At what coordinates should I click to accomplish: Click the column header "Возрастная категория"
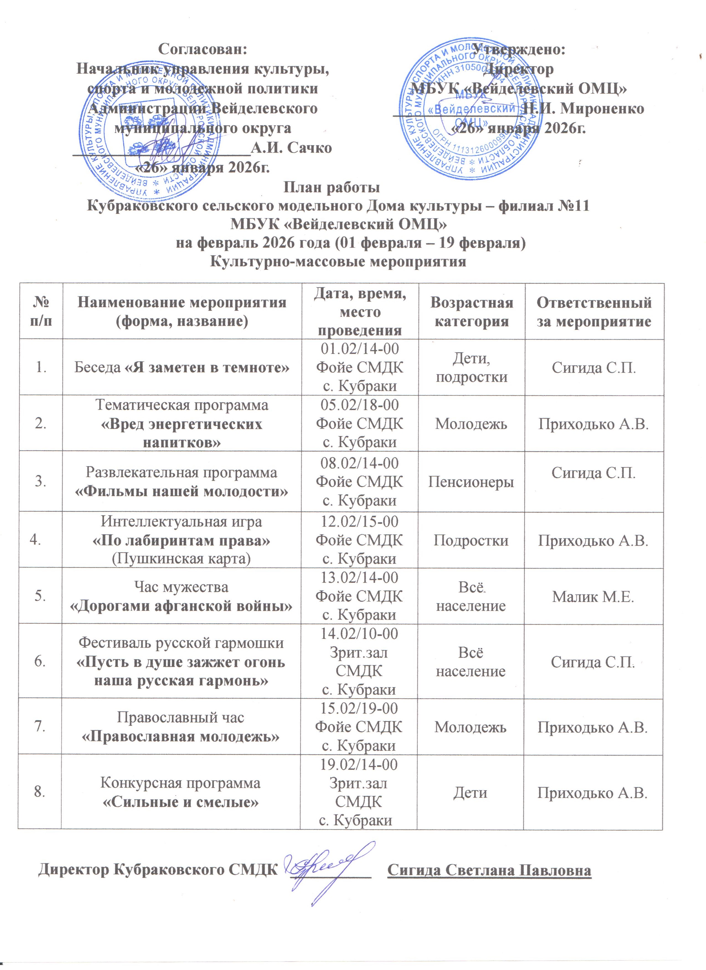click(x=471, y=312)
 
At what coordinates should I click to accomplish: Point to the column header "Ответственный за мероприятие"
click(x=594, y=312)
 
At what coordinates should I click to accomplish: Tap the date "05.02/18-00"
click(x=359, y=405)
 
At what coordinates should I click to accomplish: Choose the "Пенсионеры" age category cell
click(x=471, y=482)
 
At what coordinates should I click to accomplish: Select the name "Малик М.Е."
click(x=593, y=597)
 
